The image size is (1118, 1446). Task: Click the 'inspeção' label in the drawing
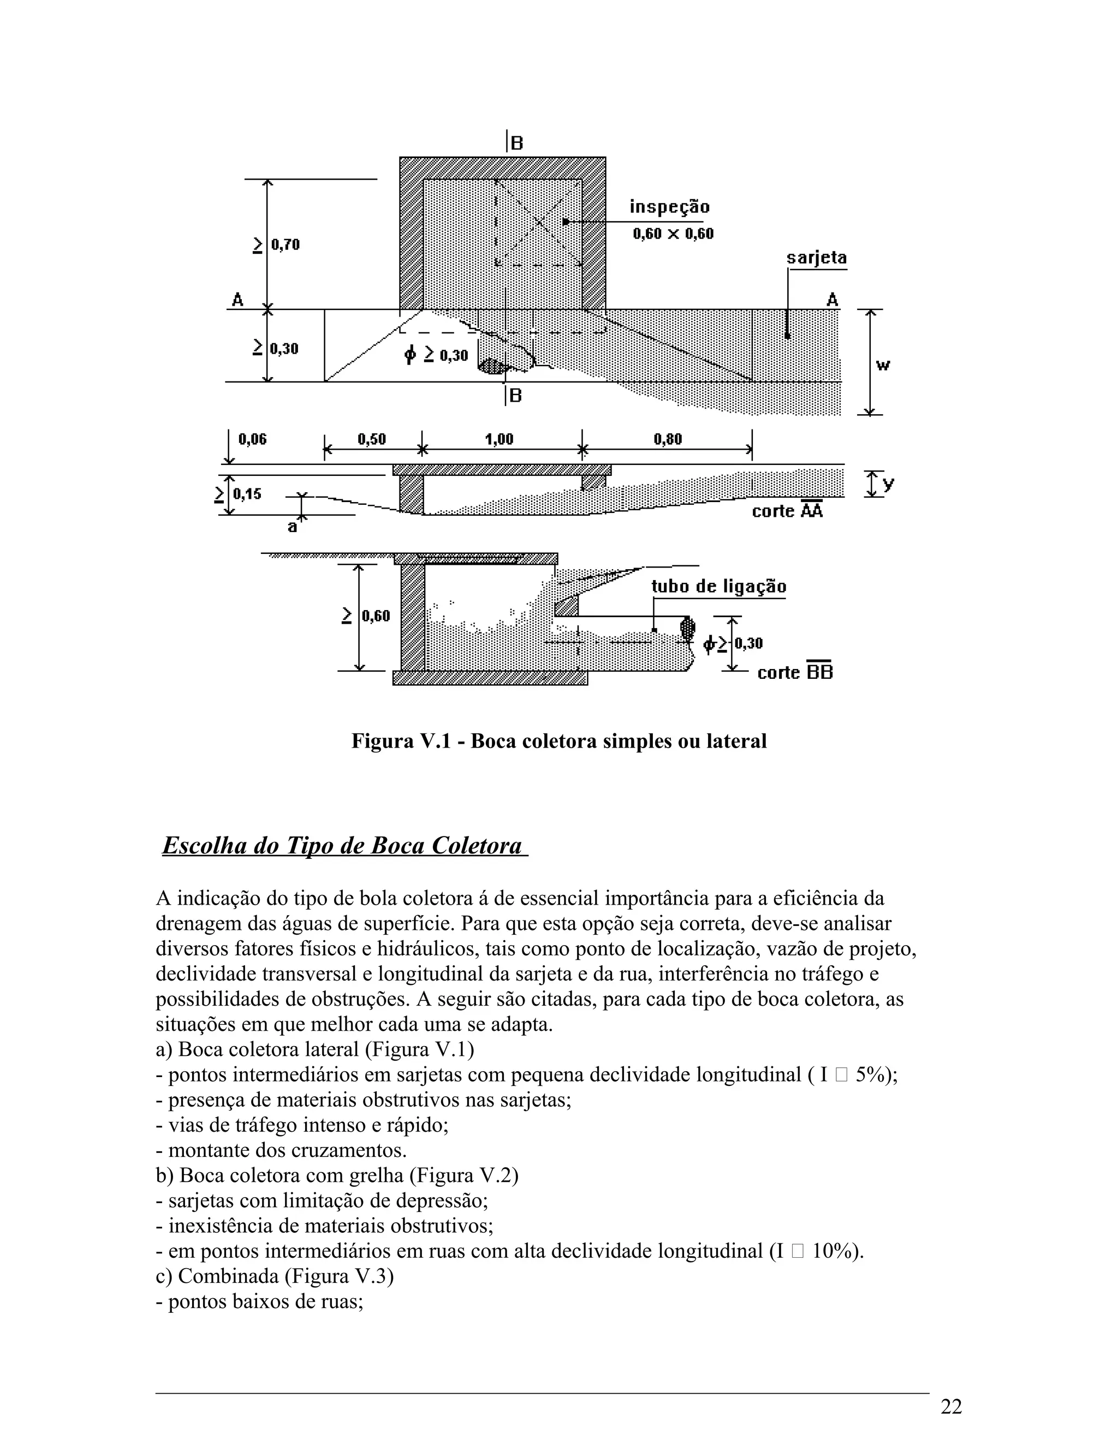click(x=669, y=207)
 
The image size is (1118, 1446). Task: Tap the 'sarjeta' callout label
click(x=816, y=258)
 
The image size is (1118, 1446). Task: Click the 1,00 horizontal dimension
click(x=499, y=440)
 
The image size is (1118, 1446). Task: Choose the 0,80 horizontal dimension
click(x=667, y=440)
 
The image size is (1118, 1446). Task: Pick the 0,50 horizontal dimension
click(x=371, y=440)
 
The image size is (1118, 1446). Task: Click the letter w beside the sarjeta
click(x=883, y=365)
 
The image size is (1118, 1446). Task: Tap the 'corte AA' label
click(x=787, y=511)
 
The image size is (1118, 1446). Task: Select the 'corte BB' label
click(x=794, y=673)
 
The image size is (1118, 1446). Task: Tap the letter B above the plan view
click(x=516, y=144)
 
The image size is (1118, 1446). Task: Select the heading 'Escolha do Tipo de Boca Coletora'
click(x=343, y=846)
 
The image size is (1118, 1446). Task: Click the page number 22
click(x=950, y=1407)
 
